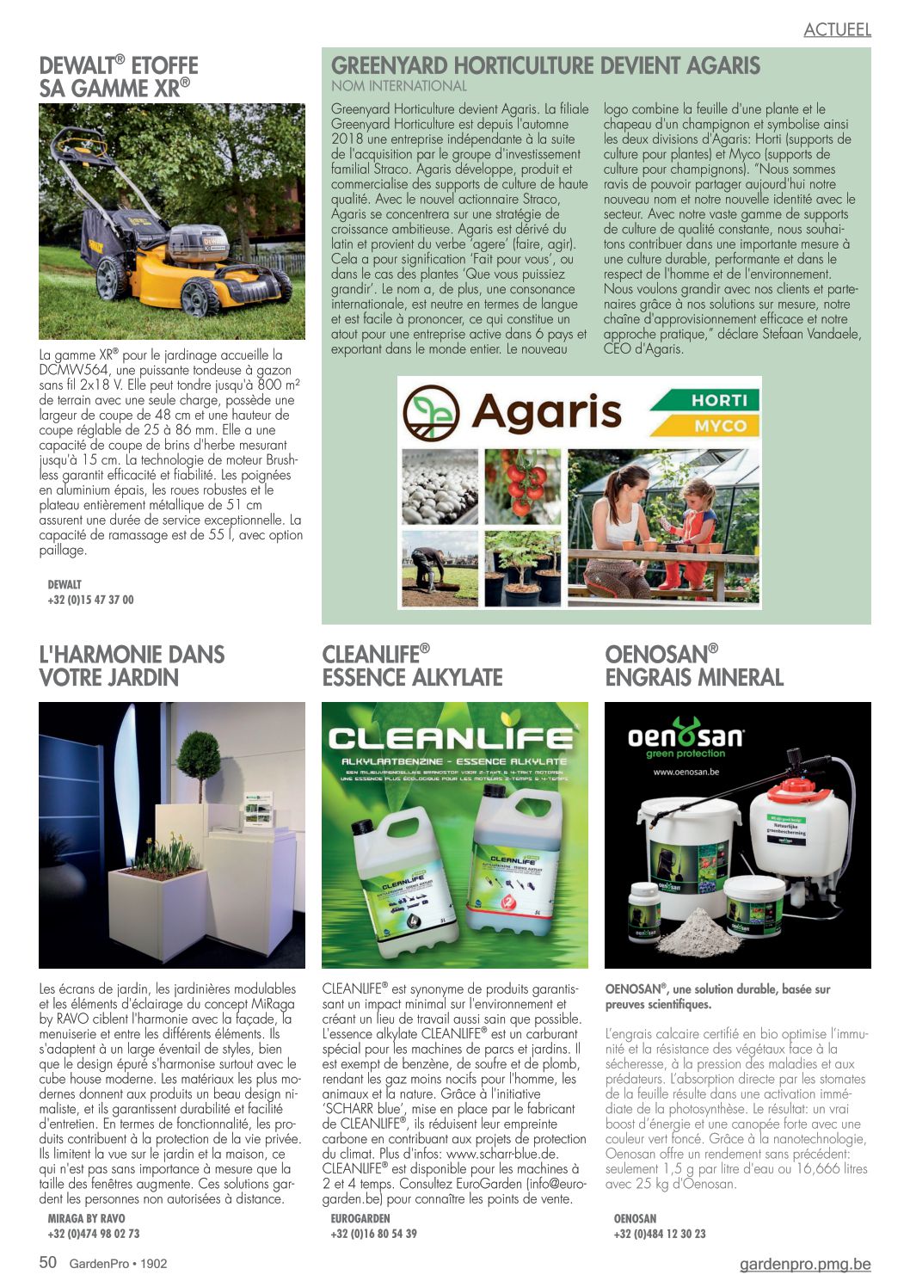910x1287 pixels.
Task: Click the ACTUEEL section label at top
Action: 837,30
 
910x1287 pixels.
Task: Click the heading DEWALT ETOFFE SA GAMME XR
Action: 119,77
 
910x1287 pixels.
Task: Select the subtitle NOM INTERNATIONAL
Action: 399,86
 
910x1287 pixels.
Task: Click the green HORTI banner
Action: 704,400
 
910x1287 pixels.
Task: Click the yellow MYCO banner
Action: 704,425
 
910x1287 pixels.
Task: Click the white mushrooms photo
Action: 440,486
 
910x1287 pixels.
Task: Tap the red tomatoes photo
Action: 522,486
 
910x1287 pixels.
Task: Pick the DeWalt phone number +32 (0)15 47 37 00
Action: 90,600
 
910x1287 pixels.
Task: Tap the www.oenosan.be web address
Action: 686,772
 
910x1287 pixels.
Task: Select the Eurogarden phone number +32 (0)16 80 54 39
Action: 373,1234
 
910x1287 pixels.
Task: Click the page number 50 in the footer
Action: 48,1262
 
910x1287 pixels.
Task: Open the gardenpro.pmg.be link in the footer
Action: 804,1264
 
